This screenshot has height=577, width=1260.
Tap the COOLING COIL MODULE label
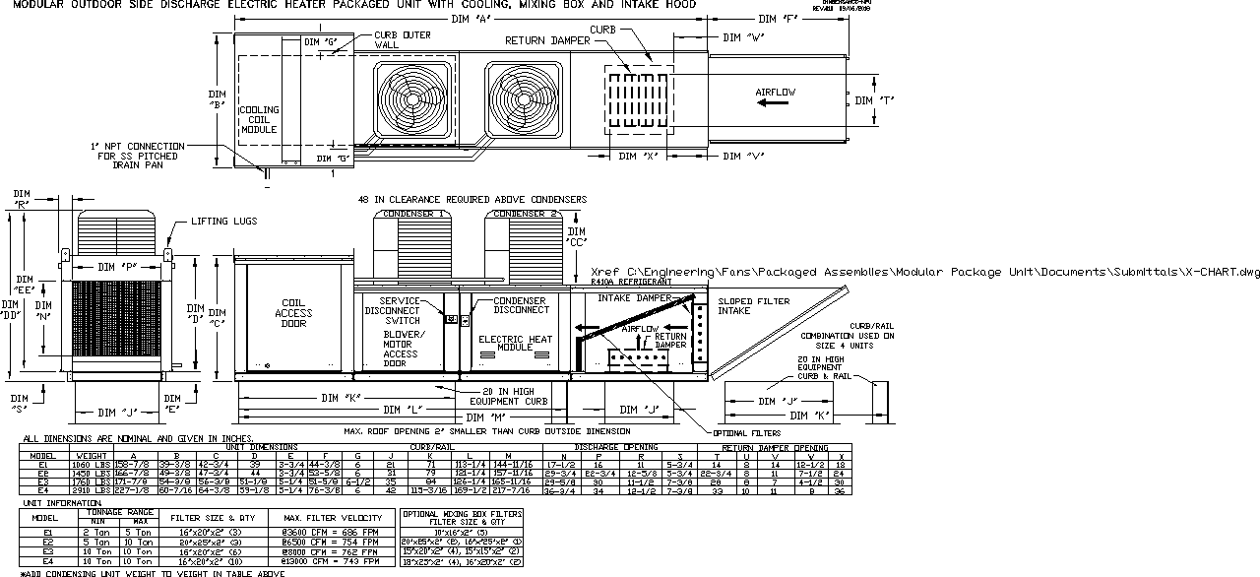[x=260, y=118]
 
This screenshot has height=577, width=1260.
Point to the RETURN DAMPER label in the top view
[x=547, y=41]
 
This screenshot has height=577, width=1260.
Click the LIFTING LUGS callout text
[x=224, y=222]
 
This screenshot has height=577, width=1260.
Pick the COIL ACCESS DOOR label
[x=294, y=313]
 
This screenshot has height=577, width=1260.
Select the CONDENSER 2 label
[x=526, y=213]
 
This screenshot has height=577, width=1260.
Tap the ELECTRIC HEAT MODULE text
[x=514, y=344]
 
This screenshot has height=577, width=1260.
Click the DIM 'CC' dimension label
[x=576, y=237]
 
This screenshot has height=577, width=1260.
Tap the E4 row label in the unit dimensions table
[x=42, y=489]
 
